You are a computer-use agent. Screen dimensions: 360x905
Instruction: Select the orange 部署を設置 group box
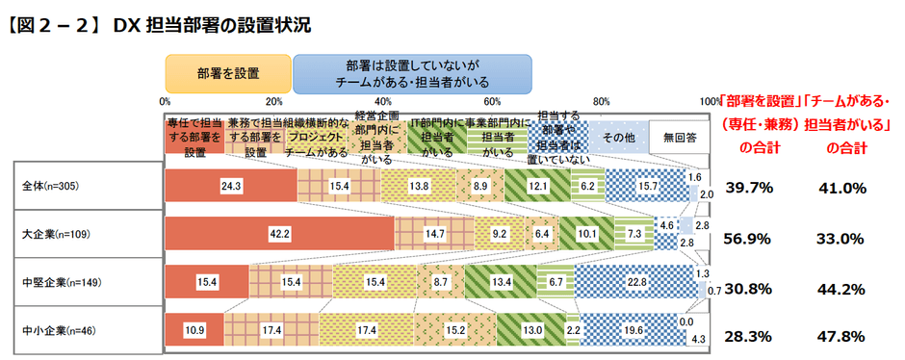point(227,72)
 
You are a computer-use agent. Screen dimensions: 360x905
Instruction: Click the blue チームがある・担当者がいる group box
point(412,72)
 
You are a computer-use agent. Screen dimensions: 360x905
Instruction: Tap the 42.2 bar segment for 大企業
point(279,234)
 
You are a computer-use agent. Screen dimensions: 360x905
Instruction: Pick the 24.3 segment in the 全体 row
point(230,185)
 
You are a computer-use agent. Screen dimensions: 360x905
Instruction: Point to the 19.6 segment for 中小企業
point(633,331)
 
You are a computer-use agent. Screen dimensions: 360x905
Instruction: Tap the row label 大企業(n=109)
point(57,234)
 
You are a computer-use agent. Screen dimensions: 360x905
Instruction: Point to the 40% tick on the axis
point(383,101)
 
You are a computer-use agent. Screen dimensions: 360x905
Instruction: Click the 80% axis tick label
point(602,101)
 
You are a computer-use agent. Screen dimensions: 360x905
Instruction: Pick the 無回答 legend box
point(679,138)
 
